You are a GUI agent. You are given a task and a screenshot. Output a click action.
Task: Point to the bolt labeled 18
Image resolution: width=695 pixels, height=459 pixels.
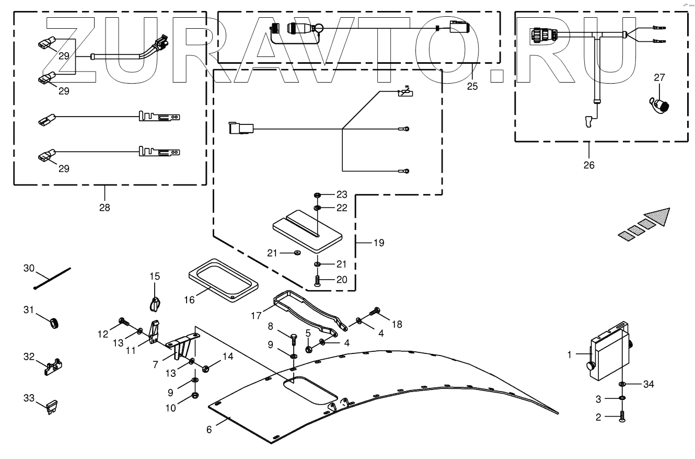pos(375,312)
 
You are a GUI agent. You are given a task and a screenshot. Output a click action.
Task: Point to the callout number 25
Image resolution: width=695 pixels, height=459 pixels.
pos(472,86)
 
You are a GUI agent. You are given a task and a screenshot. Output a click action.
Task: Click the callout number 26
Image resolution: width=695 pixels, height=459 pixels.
pos(589,165)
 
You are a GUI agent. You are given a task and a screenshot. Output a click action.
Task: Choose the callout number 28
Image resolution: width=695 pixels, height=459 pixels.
pos(105,207)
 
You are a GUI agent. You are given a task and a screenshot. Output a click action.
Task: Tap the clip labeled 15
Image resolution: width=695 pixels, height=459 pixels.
pos(154,302)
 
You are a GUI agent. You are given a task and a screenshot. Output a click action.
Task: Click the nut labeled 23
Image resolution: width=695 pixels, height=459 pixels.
pos(317,196)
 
